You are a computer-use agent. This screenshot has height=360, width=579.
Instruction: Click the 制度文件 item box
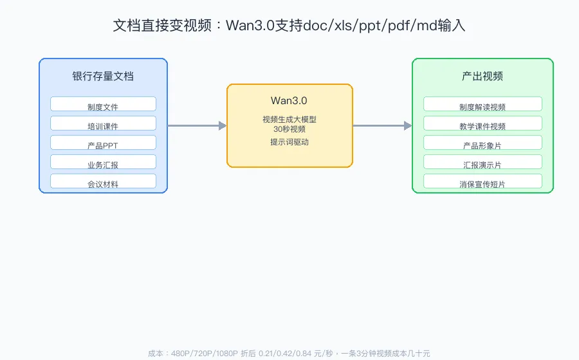tap(103, 104)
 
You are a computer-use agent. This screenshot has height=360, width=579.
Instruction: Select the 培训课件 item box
tap(103, 123)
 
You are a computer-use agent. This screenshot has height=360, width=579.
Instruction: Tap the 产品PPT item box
tap(103, 142)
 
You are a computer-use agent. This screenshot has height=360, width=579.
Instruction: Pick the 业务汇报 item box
tap(103, 161)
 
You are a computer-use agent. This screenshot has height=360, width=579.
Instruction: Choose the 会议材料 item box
tap(103, 181)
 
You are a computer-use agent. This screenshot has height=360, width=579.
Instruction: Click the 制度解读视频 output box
tap(482, 104)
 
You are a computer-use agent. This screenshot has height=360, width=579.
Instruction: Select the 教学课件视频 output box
tap(482, 123)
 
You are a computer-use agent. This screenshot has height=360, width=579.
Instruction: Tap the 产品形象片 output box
tap(482, 142)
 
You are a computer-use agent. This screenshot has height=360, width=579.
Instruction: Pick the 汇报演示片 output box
tap(482, 161)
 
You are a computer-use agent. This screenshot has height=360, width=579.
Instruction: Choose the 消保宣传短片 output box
tap(482, 181)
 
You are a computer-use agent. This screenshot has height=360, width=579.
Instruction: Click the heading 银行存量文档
tap(103, 76)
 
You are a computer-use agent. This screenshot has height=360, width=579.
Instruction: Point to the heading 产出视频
tap(482, 76)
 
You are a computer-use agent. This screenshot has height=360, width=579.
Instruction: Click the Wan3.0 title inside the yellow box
tap(289, 101)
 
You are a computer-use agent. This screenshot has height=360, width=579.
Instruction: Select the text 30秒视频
tap(289, 129)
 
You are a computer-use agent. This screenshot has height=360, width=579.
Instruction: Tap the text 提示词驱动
tap(289, 142)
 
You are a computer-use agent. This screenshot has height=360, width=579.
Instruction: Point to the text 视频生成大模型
tap(289, 120)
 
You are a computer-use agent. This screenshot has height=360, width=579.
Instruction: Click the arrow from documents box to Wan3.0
tap(198, 126)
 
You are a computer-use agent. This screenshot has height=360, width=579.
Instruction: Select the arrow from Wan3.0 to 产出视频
tap(383, 126)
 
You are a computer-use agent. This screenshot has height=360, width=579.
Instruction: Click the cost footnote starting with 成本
tap(289, 354)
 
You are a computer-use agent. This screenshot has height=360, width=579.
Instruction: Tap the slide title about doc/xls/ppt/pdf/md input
tap(289, 26)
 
